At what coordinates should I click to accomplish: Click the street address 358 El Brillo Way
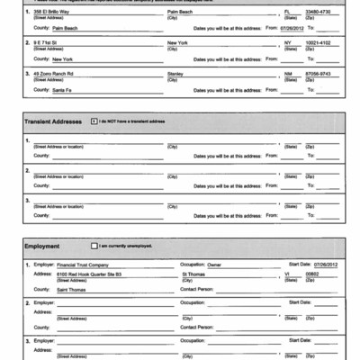tap(52, 12)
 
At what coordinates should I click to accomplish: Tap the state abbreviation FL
tap(287, 12)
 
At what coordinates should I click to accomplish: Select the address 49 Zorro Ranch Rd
tap(53, 73)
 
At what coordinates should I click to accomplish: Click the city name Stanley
tap(176, 73)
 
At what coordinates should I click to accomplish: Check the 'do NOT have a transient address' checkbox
tap(94, 121)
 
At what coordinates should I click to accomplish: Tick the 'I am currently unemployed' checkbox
tap(94, 245)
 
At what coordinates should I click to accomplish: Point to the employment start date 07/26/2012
tap(325, 265)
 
